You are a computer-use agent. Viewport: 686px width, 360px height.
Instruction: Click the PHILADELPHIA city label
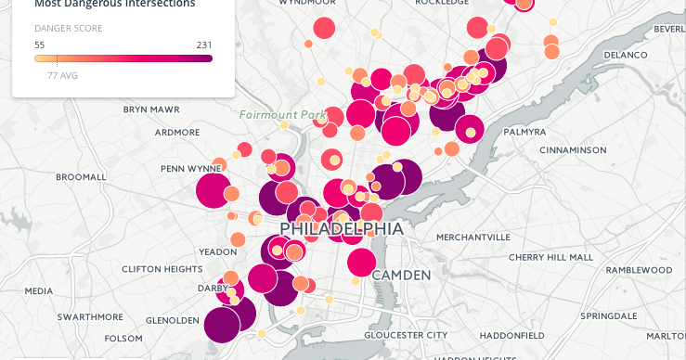(342, 228)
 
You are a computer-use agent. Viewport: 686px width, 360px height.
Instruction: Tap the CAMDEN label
(401, 276)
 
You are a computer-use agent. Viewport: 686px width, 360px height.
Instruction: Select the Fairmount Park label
(277, 115)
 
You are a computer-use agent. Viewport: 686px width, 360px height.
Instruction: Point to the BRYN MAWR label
(151, 109)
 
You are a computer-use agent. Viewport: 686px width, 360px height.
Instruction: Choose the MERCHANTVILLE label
(473, 238)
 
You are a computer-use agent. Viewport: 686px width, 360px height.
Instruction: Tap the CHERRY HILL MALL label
(550, 257)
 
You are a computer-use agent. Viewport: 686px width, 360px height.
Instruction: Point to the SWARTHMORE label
(90, 316)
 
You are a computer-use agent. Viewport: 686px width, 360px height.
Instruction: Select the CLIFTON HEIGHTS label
(162, 270)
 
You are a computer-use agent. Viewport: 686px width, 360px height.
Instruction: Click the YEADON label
(218, 252)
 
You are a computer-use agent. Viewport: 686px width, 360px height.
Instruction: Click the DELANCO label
(624, 56)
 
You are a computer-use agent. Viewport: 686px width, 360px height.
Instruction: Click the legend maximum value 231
(204, 45)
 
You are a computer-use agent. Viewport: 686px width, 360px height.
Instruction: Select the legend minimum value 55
(40, 45)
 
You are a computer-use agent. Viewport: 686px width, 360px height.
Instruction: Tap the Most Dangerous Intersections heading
(115, 5)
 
